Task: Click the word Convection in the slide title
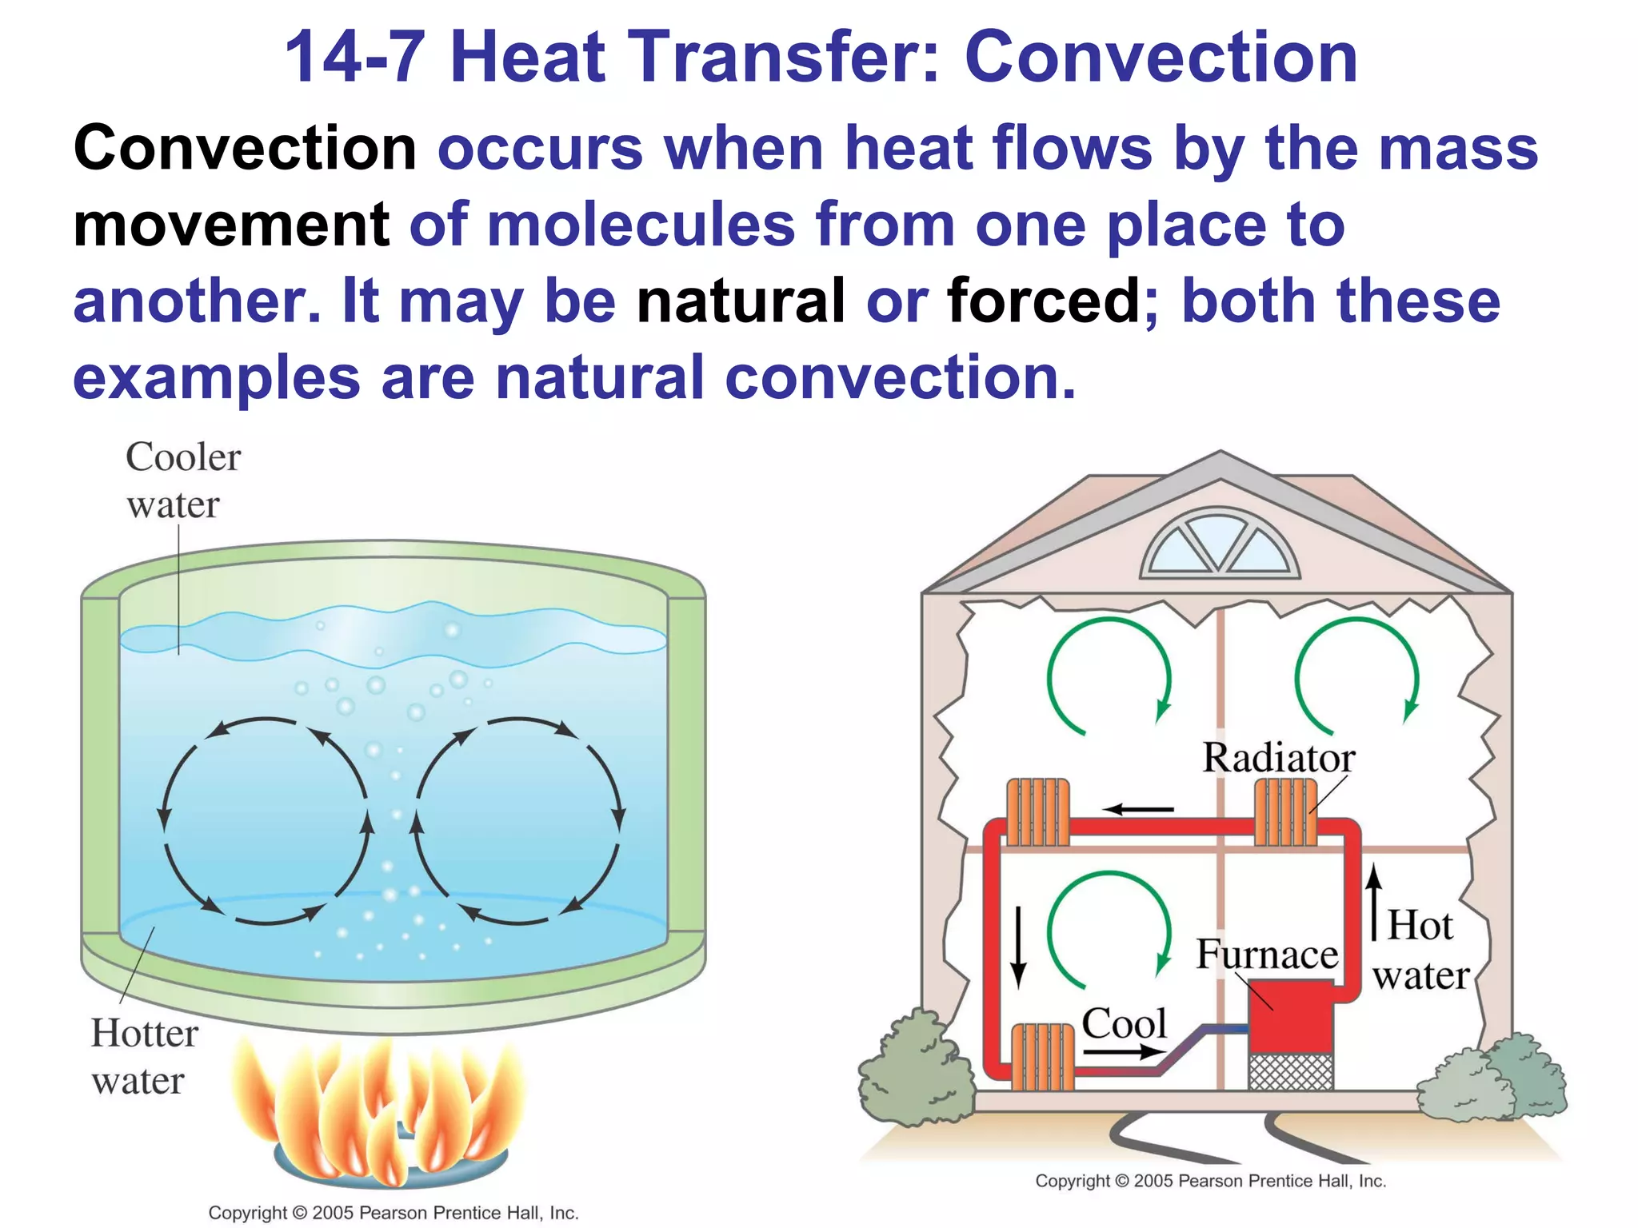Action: [1161, 58]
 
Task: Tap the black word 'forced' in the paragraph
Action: [1044, 301]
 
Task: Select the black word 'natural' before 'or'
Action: [741, 301]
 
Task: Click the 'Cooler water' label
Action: [183, 480]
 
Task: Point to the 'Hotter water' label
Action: [145, 1057]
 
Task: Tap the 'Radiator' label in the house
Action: [1278, 758]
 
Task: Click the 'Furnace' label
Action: [1267, 955]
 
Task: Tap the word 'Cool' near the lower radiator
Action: [1124, 1024]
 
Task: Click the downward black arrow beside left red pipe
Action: [1017, 947]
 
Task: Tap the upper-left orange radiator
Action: [1037, 811]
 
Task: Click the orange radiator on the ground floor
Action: [1043, 1057]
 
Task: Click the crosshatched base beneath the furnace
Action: [1290, 1071]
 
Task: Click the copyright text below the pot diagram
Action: [394, 1213]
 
